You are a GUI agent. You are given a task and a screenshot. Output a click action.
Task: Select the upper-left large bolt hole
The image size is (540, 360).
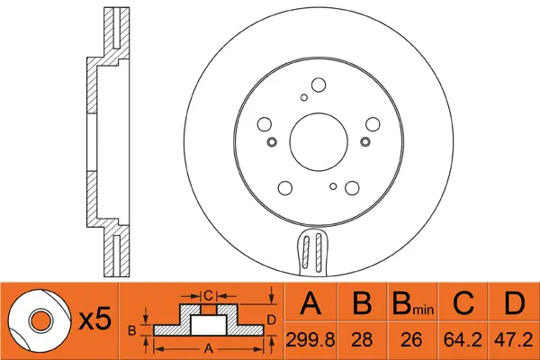(265, 125)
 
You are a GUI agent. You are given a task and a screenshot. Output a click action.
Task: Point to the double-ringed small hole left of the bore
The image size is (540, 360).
(271, 142)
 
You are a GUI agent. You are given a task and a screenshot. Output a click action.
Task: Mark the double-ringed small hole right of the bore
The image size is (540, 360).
(364, 141)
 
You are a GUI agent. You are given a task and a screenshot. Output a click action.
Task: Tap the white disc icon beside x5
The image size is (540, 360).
(40, 319)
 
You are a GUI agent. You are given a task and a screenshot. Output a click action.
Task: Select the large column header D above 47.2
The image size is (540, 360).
(513, 304)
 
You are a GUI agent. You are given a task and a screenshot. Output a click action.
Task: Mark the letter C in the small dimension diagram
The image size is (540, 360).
(206, 294)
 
